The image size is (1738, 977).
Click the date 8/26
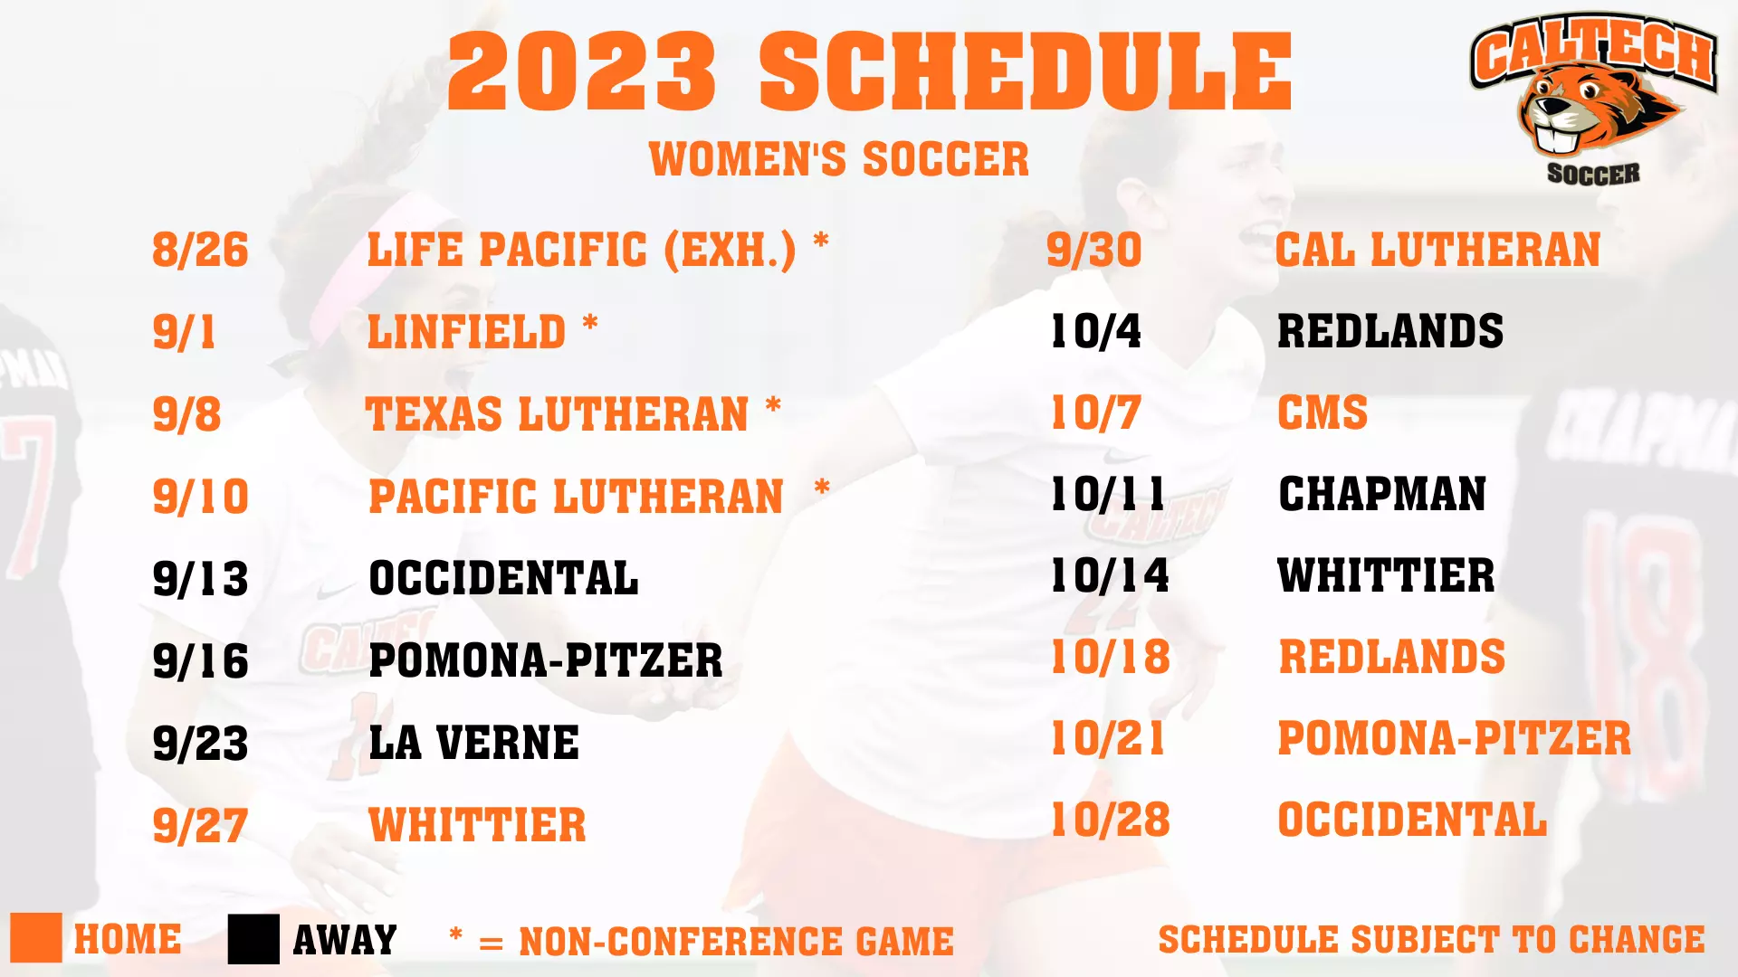tap(200, 250)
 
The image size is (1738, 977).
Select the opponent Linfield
tap(466, 332)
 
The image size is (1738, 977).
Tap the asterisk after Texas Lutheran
tap(773, 406)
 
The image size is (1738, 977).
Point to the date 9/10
tap(200, 497)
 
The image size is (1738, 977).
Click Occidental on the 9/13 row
tap(503, 579)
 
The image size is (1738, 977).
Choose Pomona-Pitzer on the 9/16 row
tap(546, 661)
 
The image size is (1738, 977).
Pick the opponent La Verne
tap(473, 744)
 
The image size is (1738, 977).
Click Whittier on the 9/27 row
tap(477, 826)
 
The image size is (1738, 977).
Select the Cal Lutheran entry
tap(1437, 250)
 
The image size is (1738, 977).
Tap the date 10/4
tap(1095, 332)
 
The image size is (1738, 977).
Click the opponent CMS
tap(1323, 413)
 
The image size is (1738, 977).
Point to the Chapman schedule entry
tap(1382, 495)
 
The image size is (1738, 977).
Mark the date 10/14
tap(1110, 576)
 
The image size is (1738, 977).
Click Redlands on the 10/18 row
tap(1391, 658)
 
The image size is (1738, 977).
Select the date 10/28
tap(1110, 820)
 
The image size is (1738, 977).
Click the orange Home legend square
tap(36, 938)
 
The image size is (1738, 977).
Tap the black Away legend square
tap(253, 939)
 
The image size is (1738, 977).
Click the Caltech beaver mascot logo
tap(1593, 100)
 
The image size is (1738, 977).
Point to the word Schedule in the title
tap(1026, 72)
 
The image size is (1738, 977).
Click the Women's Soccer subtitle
tap(839, 160)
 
